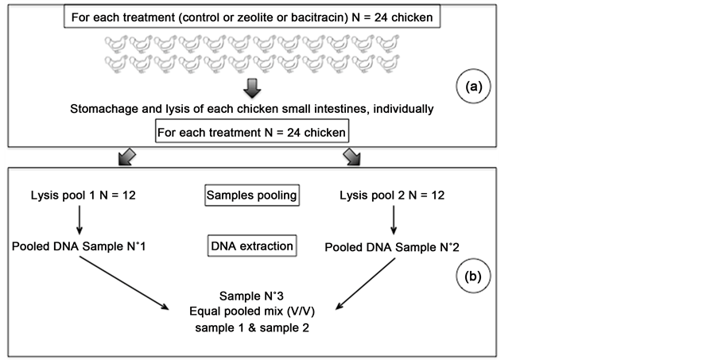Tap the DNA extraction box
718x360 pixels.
point(251,246)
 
